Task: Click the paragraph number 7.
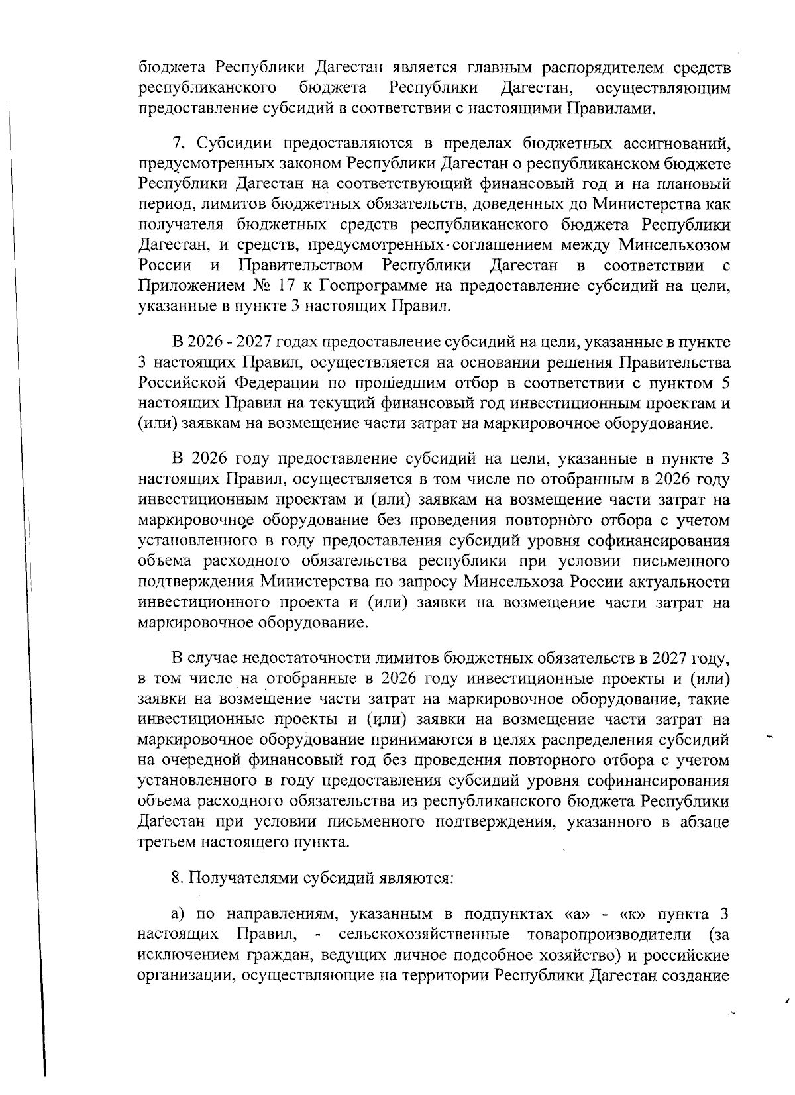point(176,144)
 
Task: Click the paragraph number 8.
point(176,878)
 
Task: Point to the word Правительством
point(300,266)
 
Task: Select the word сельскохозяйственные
point(423,935)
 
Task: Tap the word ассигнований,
point(676,144)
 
